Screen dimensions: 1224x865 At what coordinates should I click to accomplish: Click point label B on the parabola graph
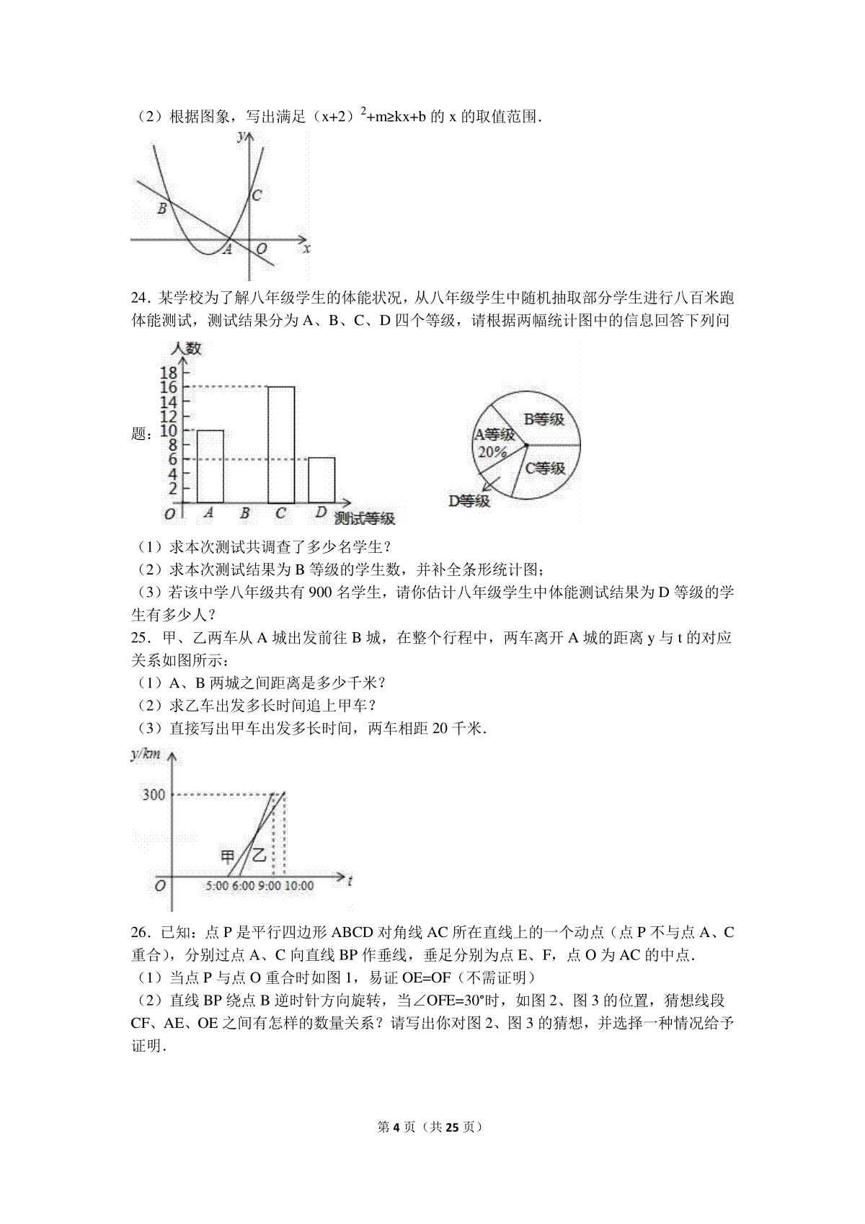(x=162, y=209)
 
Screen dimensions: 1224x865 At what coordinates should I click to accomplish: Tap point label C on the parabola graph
(x=257, y=195)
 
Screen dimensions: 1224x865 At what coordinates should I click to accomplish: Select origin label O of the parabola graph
(x=262, y=249)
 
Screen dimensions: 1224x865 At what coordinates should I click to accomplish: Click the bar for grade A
(x=210, y=466)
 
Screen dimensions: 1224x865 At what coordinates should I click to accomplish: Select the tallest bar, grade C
(x=281, y=444)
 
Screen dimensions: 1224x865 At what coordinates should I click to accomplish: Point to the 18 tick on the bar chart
(x=168, y=373)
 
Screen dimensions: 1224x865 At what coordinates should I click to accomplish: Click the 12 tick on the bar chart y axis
(x=168, y=416)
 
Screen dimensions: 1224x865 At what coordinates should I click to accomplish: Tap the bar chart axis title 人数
(x=186, y=349)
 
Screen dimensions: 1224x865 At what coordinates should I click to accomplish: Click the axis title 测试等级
(x=365, y=518)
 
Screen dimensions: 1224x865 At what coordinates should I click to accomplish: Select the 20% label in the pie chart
(x=491, y=452)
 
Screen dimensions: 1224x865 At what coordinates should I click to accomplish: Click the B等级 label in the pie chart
(x=544, y=419)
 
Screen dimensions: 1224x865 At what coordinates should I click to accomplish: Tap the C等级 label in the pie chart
(x=545, y=468)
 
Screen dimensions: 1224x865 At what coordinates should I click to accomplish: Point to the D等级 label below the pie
(x=469, y=500)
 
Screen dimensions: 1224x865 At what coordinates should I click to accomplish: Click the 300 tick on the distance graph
(x=153, y=794)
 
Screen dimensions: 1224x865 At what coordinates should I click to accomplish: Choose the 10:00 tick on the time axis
(x=298, y=885)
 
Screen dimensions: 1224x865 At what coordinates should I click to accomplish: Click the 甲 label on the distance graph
(x=228, y=856)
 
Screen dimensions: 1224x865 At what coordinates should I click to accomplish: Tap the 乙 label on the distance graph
(x=258, y=856)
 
